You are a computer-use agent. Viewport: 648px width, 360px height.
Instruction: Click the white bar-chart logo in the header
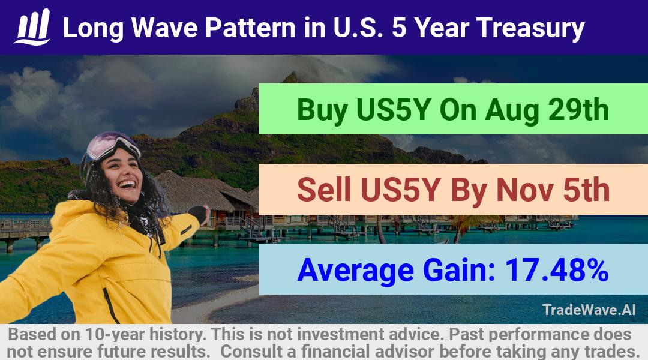tap(32, 27)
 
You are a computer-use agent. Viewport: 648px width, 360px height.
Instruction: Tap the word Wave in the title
tap(164, 28)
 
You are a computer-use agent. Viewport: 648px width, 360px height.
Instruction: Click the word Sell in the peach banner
tap(323, 190)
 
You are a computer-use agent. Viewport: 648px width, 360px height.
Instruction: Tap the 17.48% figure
tap(557, 270)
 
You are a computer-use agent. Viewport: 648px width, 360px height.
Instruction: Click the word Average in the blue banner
tap(355, 271)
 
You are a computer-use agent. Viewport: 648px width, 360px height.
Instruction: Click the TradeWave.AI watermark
tap(589, 310)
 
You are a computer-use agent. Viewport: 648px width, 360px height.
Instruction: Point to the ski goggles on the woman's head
tap(112, 145)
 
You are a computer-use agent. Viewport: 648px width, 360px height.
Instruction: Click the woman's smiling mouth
tap(127, 184)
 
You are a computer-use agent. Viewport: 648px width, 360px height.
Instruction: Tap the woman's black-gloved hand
tap(200, 213)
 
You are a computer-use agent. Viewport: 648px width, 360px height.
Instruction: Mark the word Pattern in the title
tap(250, 28)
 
